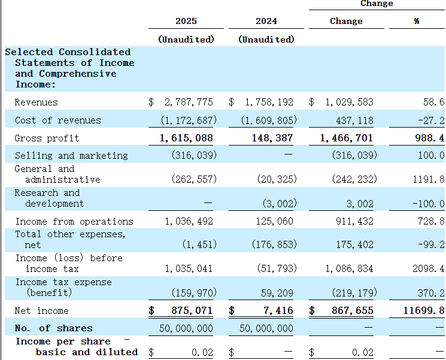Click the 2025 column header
click(x=186, y=21)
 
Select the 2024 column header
click(x=266, y=21)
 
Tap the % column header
click(x=417, y=21)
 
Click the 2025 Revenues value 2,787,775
click(x=189, y=102)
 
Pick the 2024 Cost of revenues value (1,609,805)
click(x=269, y=120)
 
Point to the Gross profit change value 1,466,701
click(x=347, y=138)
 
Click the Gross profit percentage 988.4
click(x=429, y=138)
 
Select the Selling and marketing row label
click(x=71, y=155)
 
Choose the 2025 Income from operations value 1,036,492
click(x=189, y=221)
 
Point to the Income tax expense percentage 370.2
click(x=431, y=292)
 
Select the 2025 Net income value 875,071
click(x=192, y=310)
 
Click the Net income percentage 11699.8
click(x=424, y=310)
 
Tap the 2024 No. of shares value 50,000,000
click(x=266, y=328)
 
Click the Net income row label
click(x=41, y=310)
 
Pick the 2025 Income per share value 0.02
click(x=202, y=352)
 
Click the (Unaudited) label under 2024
click(x=266, y=40)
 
